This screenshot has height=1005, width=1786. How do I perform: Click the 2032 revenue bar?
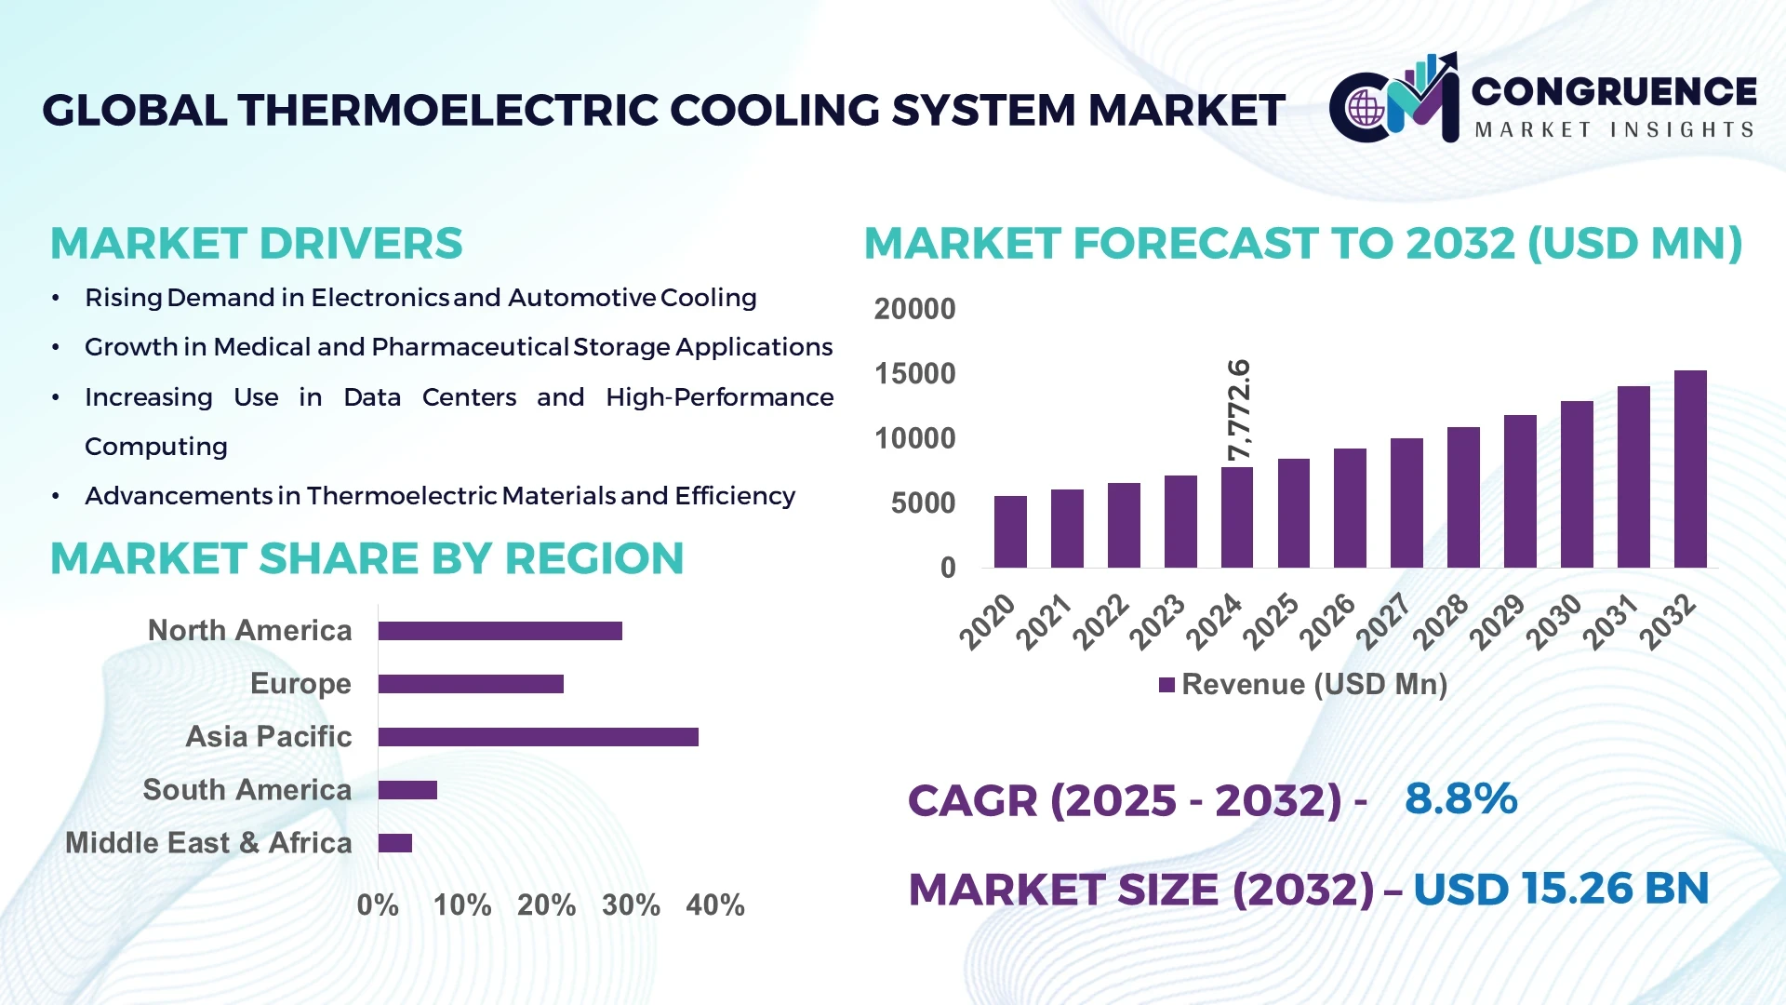(1689, 470)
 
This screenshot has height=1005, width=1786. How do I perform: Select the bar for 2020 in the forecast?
(1010, 532)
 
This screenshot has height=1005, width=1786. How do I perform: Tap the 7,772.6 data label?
(1239, 409)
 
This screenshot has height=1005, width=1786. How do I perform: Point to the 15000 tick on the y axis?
(914, 374)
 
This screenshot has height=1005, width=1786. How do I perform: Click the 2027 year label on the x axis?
(1384, 621)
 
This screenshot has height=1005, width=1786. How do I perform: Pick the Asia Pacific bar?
(538, 737)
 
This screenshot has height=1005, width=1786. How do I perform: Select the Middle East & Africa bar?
(395, 843)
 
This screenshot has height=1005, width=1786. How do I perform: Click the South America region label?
(247, 790)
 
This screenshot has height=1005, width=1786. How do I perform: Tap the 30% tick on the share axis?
(631, 905)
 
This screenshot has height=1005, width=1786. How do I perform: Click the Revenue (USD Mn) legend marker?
(1166, 686)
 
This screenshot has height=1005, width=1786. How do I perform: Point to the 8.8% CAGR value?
(1460, 799)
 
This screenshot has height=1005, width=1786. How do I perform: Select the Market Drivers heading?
(256, 244)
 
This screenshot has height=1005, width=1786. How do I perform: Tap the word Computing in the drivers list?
(156, 447)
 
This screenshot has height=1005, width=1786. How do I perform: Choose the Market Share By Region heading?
(367, 559)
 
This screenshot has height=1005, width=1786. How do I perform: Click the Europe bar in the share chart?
(471, 684)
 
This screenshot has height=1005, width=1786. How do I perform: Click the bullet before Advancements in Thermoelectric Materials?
(56, 496)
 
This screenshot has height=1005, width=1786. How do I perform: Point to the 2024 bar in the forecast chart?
(1236, 517)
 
